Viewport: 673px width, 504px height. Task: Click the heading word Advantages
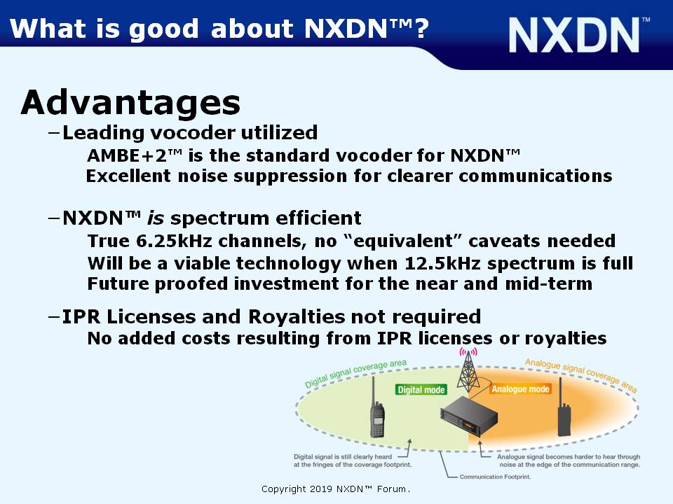click(x=130, y=102)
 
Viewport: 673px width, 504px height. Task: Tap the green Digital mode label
click(x=421, y=390)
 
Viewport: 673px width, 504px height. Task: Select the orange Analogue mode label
click(x=520, y=388)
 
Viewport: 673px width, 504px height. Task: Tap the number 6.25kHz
click(x=174, y=241)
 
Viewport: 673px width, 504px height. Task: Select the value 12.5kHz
click(x=442, y=263)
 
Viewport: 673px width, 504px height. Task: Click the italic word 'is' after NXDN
click(x=156, y=218)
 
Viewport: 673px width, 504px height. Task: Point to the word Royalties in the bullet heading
click(x=297, y=317)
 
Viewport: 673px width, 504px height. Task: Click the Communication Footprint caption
click(x=496, y=477)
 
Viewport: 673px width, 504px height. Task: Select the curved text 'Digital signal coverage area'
click(x=355, y=373)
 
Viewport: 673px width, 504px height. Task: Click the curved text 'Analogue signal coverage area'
click(x=580, y=374)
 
